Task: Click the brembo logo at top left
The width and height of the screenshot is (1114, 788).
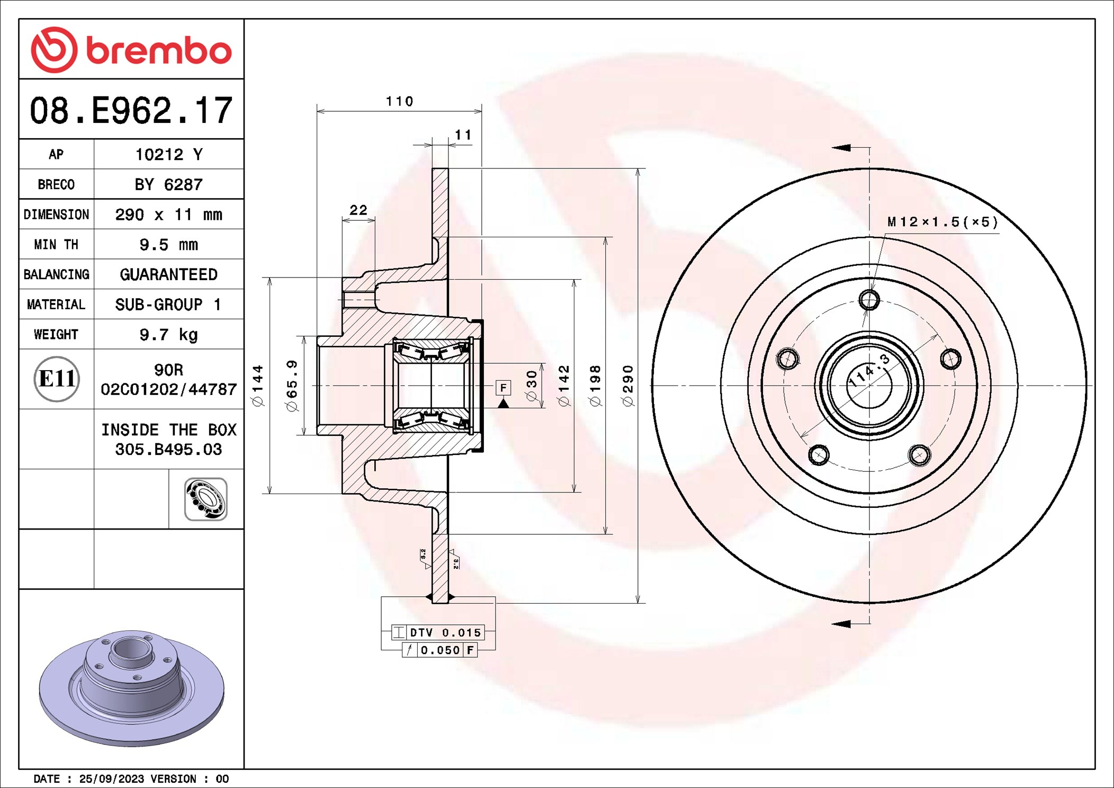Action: click(131, 50)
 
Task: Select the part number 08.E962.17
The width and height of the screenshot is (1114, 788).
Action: click(131, 111)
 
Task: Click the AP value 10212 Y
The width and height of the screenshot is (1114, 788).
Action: click(168, 154)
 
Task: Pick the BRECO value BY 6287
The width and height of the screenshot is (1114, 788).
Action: click(168, 184)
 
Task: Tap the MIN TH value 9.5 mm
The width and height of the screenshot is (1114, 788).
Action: click(168, 245)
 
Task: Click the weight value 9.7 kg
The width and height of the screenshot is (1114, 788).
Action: click(168, 335)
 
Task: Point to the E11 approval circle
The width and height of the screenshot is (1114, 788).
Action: click(57, 379)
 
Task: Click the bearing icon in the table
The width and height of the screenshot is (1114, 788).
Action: click(206, 499)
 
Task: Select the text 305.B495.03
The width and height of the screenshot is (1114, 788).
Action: click(168, 450)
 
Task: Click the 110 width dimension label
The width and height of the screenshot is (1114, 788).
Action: click(399, 101)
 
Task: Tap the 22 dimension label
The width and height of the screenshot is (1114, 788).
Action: click(358, 210)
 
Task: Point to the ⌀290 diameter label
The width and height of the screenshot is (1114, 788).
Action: click(628, 386)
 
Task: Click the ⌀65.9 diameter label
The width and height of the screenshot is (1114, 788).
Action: click(292, 386)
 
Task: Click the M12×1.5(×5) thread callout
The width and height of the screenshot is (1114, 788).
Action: click(942, 222)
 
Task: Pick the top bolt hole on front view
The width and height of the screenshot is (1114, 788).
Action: click(869, 300)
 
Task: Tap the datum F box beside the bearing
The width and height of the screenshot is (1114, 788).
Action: click(503, 388)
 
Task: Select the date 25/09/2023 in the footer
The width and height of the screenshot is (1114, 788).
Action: click(111, 778)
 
